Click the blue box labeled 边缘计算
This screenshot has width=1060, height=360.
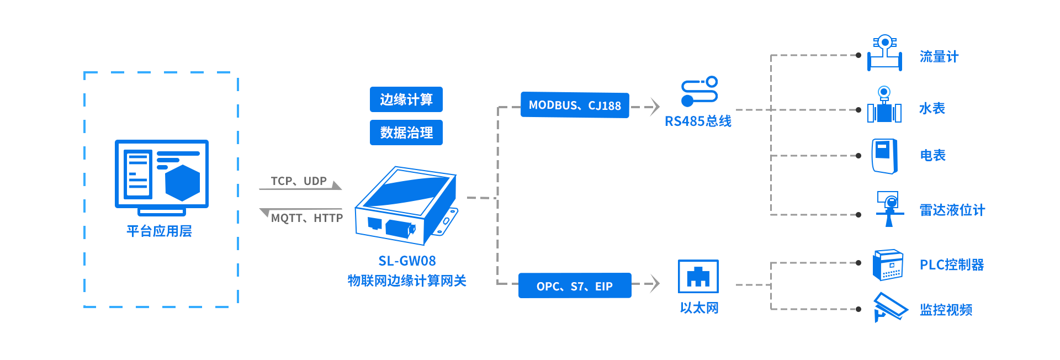[x=406, y=99]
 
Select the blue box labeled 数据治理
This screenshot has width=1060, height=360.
[x=406, y=133]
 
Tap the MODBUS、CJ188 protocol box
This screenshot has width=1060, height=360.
[x=575, y=105]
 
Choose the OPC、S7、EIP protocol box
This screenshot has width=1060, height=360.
[x=575, y=286]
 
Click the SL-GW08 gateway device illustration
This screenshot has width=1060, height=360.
[x=406, y=206]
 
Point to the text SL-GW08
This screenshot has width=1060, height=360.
[x=407, y=261]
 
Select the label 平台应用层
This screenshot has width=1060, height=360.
[x=159, y=231]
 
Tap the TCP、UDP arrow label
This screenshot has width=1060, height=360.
[x=299, y=181]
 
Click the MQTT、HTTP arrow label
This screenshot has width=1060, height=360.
[x=307, y=218]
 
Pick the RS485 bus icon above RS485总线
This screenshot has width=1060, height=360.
[x=699, y=92]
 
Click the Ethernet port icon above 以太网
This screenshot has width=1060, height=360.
[x=698, y=276]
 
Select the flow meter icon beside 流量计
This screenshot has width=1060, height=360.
[x=884, y=53]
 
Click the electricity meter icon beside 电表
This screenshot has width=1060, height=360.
[x=884, y=156]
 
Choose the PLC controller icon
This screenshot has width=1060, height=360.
[x=888, y=265]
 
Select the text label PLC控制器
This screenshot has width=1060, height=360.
[x=952, y=265]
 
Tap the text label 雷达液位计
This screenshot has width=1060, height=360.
[x=952, y=210]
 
